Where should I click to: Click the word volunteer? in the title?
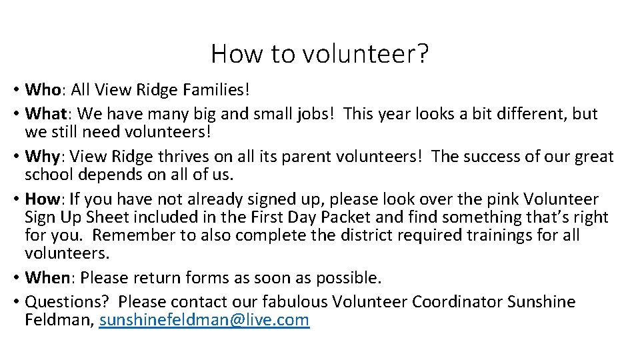tap(366, 54)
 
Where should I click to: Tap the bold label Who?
tap(43, 89)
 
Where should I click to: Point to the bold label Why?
tap(42, 157)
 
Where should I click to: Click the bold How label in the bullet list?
tap(43, 199)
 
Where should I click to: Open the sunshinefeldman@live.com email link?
tap(204, 320)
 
